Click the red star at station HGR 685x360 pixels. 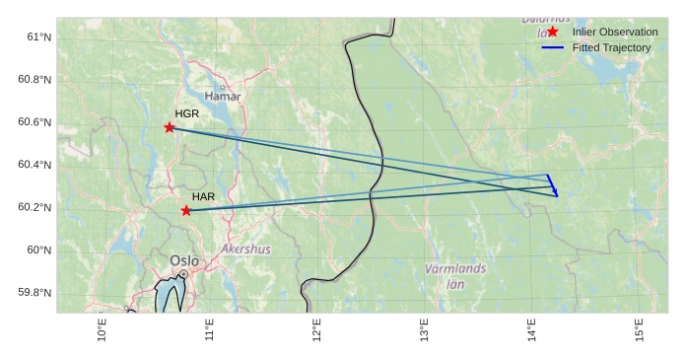tap(170, 127)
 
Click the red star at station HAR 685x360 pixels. tap(186, 210)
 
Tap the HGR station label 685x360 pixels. tap(187, 114)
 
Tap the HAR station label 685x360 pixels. tap(203, 197)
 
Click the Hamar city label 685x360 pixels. tap(222, 97)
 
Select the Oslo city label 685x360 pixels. tap(184, 261)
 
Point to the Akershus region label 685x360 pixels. tap(245, 250)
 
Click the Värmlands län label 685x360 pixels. tap(455, 276)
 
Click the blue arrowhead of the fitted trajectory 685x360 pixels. tap(555, 192)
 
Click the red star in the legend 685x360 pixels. tap(552, 32)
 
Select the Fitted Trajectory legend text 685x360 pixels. tap(611, 47)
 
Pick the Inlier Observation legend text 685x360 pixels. tap(615, 32)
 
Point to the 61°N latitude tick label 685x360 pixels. tap(39, 37)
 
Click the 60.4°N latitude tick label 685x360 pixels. tap(34, 165)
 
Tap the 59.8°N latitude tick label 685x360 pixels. tap(34, 293)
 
